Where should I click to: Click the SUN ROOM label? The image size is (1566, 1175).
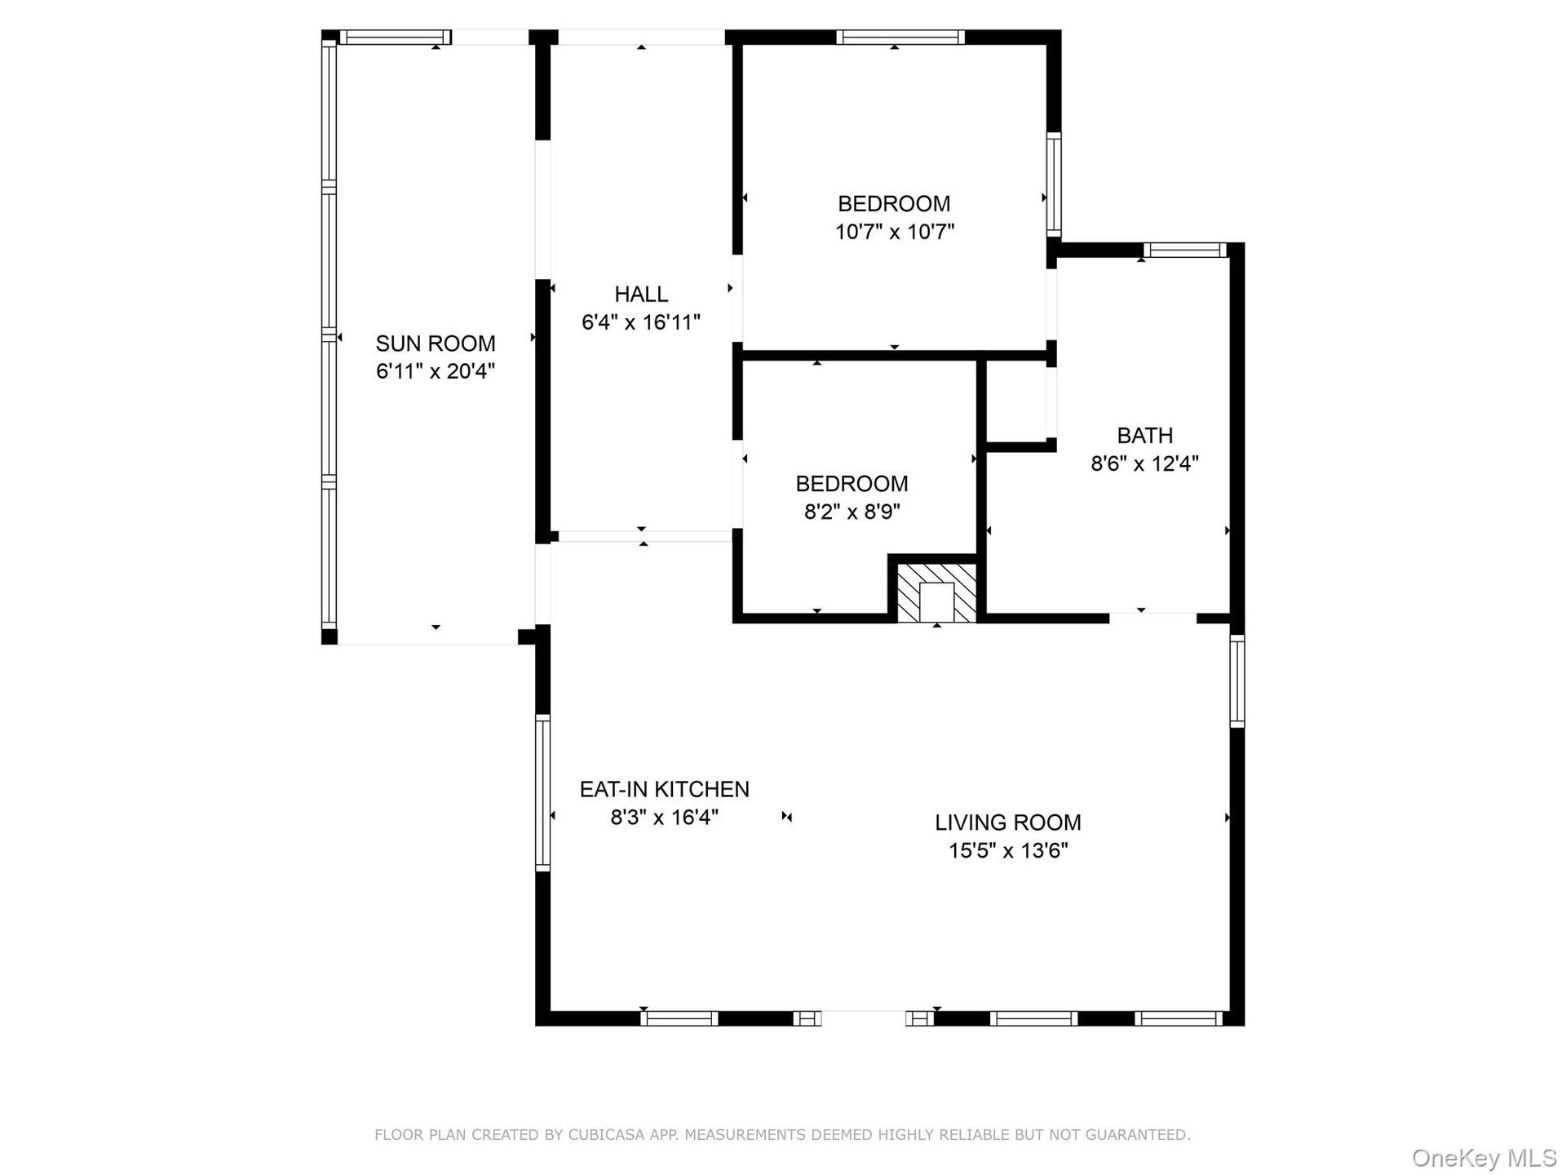pos(436,343)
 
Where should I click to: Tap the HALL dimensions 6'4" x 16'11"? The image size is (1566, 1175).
pos(641,322)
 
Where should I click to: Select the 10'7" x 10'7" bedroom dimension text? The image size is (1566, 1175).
pos(895,232)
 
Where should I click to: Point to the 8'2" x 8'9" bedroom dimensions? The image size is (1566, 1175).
pos(852,512)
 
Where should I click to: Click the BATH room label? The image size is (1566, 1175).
pos(1145,435)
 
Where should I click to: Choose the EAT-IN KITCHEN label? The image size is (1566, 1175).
pos(665,789)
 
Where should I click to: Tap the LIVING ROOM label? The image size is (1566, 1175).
pos(1008,822)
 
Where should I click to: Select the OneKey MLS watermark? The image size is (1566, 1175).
pos(1484,1157)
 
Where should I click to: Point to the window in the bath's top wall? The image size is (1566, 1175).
pos(1184,250)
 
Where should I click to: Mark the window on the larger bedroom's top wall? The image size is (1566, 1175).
pos(900,38)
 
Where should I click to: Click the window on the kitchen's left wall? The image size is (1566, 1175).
pos(542,792)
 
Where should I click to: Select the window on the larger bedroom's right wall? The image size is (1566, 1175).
pos(1054,184)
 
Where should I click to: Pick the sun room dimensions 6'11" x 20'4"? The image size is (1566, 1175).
pos(436,371)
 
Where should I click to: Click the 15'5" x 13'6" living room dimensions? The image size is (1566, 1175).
pos(1008,851)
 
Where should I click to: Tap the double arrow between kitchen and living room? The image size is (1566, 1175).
pos(786,817)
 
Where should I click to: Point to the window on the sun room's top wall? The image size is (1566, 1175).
pos(395,38)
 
